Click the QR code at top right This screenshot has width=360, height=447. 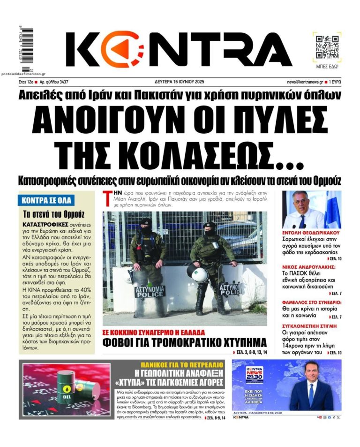point(327,45)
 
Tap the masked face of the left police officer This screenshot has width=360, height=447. point(146,230)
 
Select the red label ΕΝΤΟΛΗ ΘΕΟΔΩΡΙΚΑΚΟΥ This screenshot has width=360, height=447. point(311,233)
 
